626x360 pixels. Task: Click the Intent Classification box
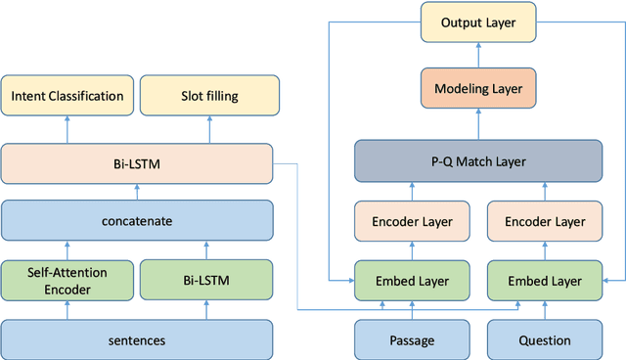click(67, 96)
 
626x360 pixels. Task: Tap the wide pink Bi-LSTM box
click(135, 162)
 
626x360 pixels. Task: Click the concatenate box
click(135, 220)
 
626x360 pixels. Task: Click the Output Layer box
click(479, 22)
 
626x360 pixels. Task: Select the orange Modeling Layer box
click(479, 90)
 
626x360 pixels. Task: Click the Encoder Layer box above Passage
click(412, 221)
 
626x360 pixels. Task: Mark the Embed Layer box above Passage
click(412, 281)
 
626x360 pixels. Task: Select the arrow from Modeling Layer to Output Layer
click(479, 55)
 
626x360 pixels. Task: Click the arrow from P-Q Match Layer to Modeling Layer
click(479, 124)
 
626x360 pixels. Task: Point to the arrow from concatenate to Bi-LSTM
click(135, 191)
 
